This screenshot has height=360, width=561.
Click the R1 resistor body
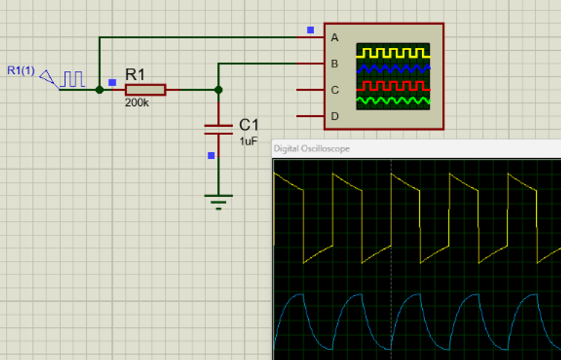point(145,90)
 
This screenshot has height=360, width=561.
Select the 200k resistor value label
point(136,103)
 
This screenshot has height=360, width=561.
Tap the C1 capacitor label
point(249,125)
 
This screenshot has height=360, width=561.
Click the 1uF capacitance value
point(249,141)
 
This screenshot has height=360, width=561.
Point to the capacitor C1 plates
point(218,129)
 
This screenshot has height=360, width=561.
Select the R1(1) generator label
point(21,71)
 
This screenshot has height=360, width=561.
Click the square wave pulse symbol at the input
point(74,79)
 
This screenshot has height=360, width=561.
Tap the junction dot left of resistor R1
point(100,90)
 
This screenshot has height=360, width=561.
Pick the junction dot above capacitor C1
point(218,90)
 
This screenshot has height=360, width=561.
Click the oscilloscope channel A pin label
point(335,38)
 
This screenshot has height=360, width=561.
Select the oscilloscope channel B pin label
point(335,64)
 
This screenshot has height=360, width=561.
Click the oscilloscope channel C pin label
point(335,90)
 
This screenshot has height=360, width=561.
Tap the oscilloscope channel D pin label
point(335,116)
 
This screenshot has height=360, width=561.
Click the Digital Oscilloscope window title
point(311,149)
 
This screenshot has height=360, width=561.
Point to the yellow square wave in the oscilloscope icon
point(393,53)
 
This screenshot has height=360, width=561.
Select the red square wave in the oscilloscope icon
point(393,86)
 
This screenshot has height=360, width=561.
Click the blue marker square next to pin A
point(311,30)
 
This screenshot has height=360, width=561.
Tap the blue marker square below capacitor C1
point(211,156)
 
